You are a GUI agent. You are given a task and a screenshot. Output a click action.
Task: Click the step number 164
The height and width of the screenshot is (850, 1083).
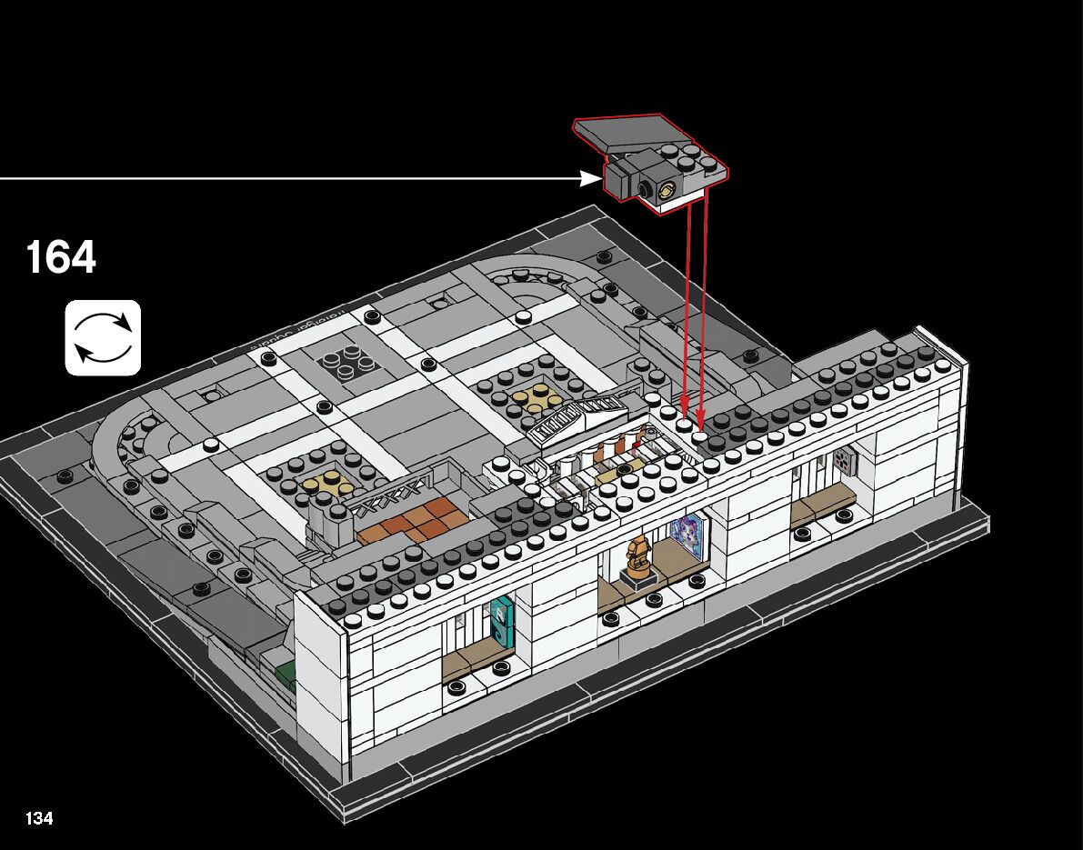61,257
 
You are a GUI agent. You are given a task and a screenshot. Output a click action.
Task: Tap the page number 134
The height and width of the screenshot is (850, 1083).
39,818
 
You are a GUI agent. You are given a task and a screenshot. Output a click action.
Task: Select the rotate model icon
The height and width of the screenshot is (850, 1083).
103,337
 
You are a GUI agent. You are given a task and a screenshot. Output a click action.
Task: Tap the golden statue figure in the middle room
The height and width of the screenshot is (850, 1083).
639,555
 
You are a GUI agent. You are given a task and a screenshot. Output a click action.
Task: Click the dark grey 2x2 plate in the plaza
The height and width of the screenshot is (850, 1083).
349,361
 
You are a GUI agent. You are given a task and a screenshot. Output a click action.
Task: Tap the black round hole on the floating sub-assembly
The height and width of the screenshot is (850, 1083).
645,189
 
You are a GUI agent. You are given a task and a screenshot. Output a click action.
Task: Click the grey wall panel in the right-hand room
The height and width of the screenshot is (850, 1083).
846,462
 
